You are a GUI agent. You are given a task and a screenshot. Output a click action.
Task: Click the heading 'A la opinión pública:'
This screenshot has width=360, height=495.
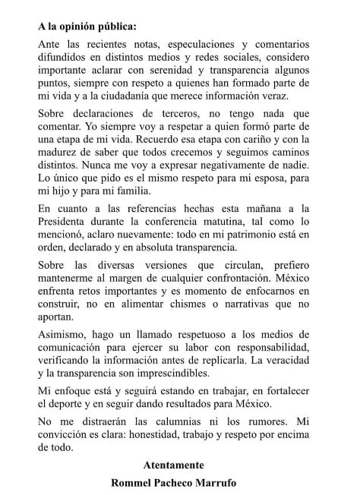tap(87, 26)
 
